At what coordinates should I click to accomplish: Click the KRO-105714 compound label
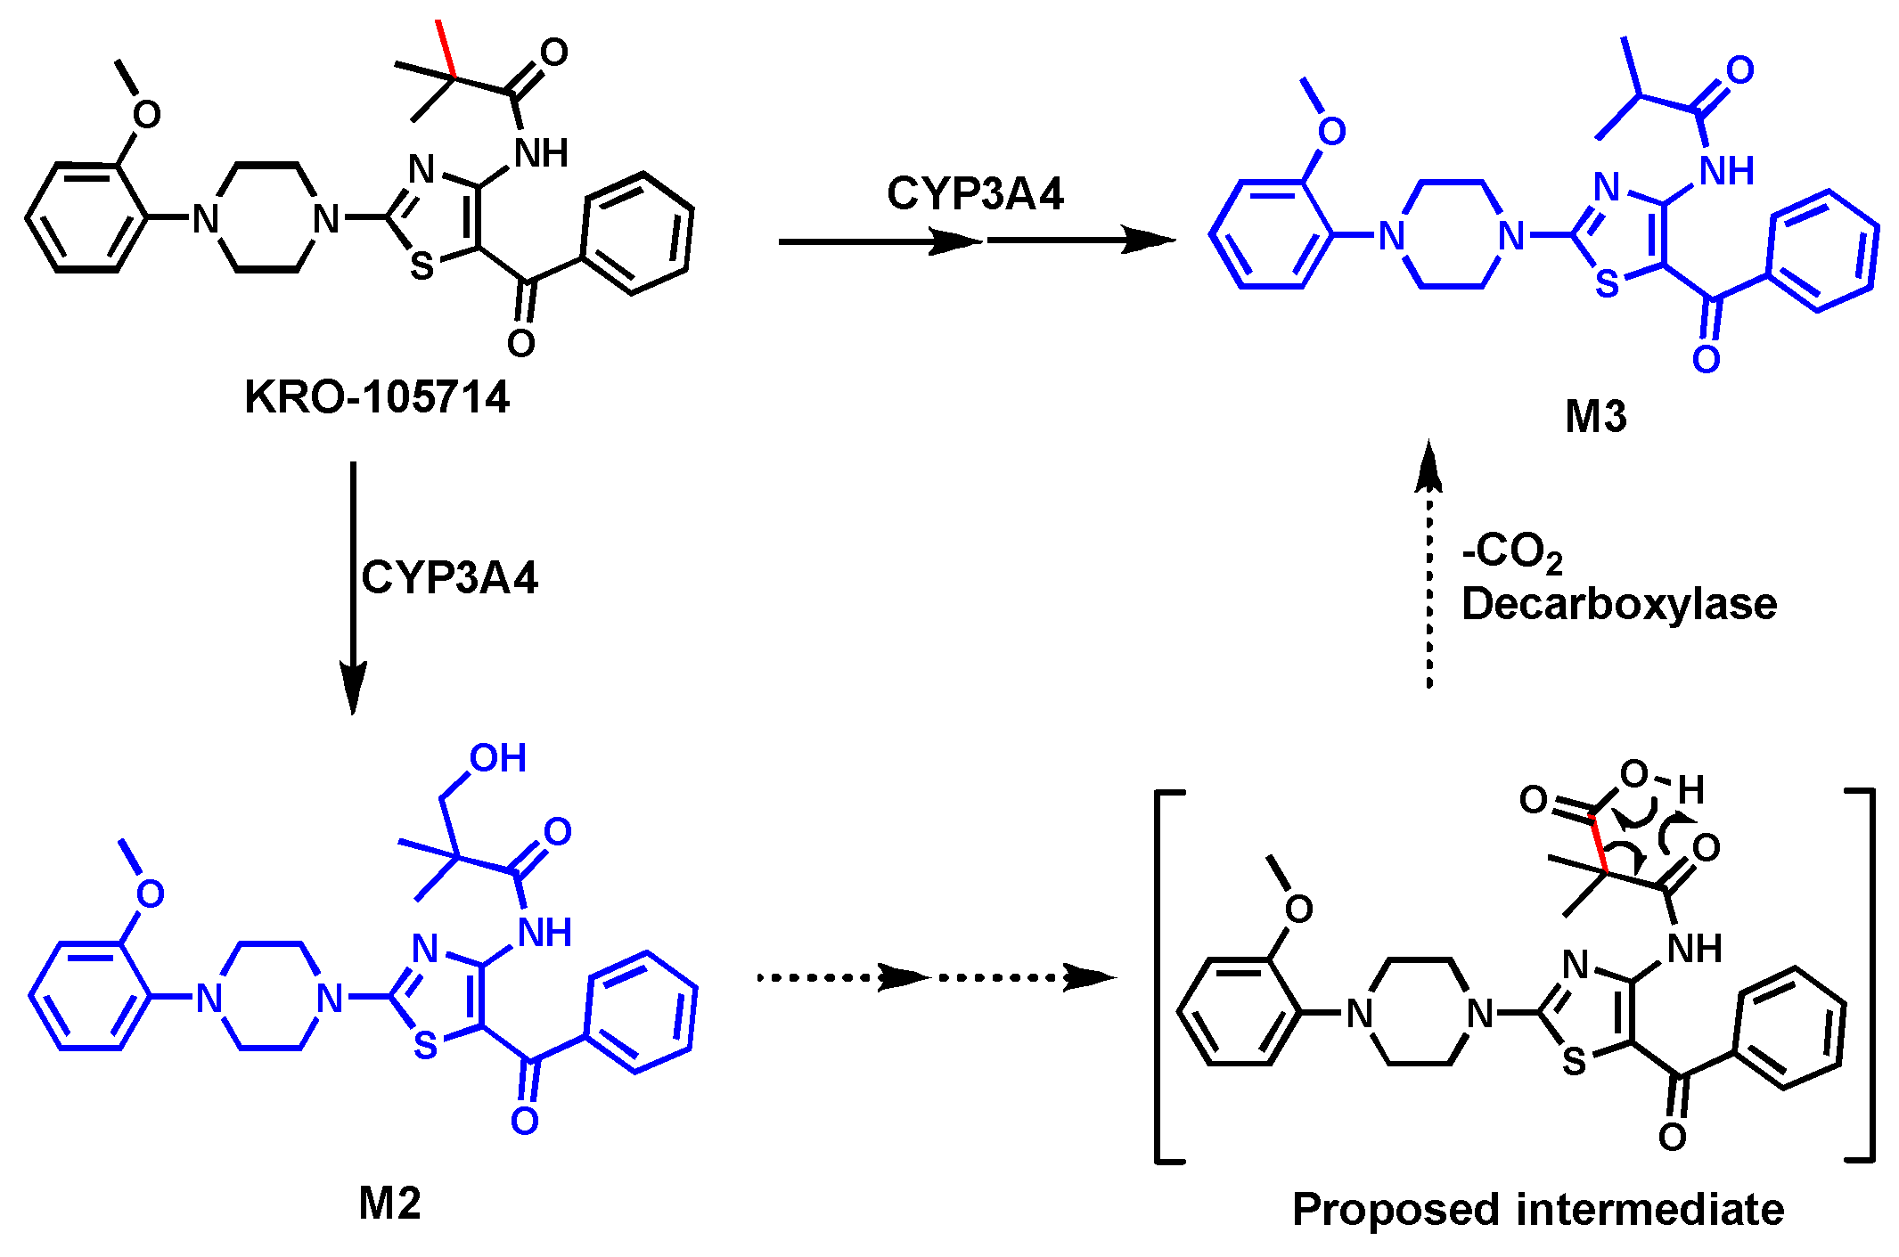tap(376, 397)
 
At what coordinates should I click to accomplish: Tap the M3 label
tap(1595, 417)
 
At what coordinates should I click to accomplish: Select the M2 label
tap(389, 1204)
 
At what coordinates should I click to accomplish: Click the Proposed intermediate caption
tap(1538, 1210)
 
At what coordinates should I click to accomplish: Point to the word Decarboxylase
tap(1619, 605)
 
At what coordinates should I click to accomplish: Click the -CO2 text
tap(1512, 552)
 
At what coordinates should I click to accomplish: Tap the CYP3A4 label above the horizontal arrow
tap(975, 194)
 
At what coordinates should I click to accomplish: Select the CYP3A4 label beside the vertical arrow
tap(449, 578)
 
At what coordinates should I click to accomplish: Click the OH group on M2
tap(497, 759)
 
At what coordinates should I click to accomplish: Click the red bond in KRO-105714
tap(446, 49)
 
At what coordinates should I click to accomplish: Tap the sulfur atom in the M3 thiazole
tap(1607, 284)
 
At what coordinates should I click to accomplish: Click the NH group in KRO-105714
tap(541, 153)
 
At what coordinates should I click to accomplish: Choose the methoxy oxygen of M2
tap(150, 894)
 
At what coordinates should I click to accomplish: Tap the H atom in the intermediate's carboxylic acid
tap(1690, 789)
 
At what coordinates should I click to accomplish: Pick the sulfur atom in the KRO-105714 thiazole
tap(422, 266)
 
